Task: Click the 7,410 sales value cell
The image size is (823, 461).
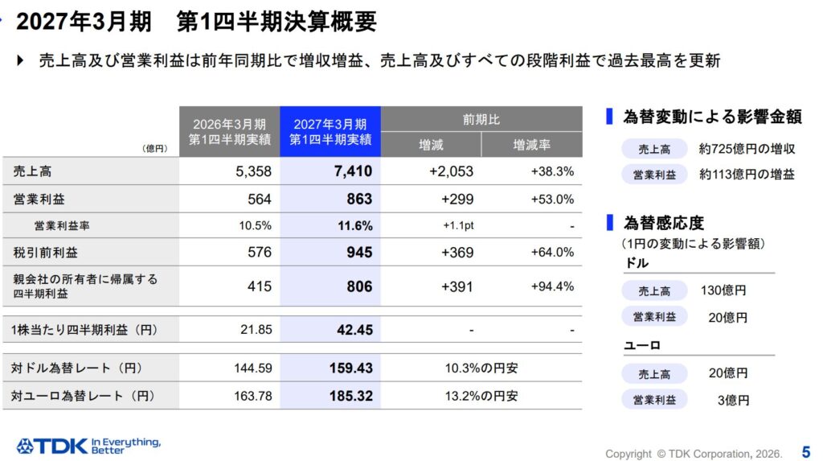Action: coord(353,171)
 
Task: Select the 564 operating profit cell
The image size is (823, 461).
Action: coord(260,200)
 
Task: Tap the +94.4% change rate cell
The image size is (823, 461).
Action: coord(552,286)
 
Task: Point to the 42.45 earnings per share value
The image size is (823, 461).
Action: coord(354,330)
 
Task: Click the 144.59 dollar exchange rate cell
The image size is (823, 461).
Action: coord(253,368)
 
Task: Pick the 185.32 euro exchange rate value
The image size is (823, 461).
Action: coord(350,395)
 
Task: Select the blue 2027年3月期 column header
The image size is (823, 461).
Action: coord(330,131)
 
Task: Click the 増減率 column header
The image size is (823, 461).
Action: coord(532,145)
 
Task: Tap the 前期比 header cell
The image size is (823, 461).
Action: coord(481,119)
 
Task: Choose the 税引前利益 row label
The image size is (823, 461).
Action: coord(45,253)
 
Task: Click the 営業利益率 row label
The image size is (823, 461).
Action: coord(62,225)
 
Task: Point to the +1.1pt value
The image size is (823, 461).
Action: coord(458,225)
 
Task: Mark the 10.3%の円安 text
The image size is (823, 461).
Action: coord(481,368)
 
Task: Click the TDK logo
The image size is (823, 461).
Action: coord(88,446)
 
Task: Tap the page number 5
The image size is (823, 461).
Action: coord(806,451)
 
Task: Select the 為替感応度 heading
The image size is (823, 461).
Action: coord(663,223)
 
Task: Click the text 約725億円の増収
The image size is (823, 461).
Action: coord(747,149)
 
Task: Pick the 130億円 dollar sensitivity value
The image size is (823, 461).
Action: coord(723,290)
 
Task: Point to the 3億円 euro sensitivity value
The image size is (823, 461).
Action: coord(733,400)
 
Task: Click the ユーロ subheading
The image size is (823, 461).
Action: coord(642,345)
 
